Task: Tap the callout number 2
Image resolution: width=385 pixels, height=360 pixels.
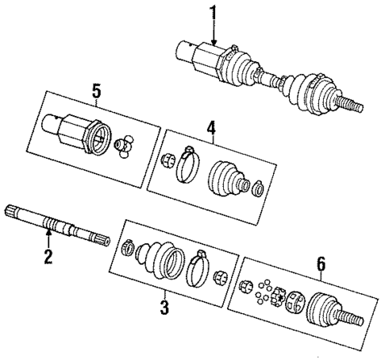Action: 48,257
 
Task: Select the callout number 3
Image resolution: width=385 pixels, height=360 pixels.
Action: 164,307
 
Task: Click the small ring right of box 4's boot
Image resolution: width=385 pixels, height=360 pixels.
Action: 256,188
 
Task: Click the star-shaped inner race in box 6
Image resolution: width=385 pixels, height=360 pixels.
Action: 279,297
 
